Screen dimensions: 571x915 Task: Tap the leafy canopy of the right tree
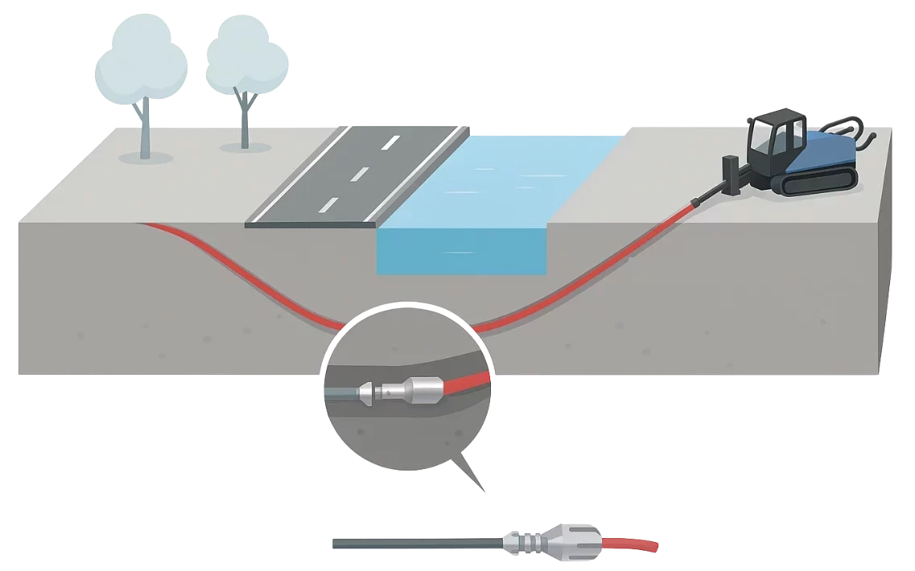tap(246, 56)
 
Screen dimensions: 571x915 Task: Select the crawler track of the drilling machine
tap(817, 183)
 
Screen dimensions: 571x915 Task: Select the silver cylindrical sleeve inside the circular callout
tap(423, 389)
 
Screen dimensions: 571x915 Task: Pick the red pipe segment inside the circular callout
tap(471, 380)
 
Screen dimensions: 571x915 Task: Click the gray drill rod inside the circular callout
tap(341, 394)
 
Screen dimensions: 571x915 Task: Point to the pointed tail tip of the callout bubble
tap(485, 491)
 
